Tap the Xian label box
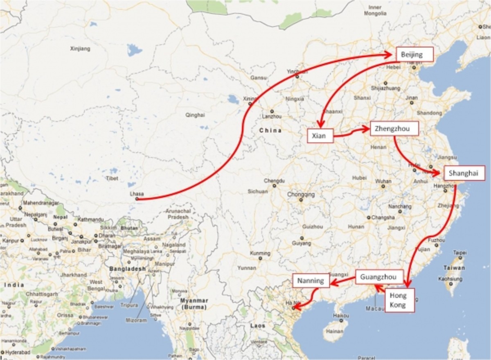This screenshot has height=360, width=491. point(319,136)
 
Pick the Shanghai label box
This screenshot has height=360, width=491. point(464,173)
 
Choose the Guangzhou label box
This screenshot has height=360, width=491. point(378,277)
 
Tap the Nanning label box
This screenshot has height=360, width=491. point(311,281)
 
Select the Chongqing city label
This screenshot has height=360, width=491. point(301,195)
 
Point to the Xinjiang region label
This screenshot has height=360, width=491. point(80,49)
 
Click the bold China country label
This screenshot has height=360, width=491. point(270,131)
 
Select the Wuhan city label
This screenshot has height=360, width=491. point(383,181)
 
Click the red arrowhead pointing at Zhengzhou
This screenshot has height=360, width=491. point(365,129)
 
